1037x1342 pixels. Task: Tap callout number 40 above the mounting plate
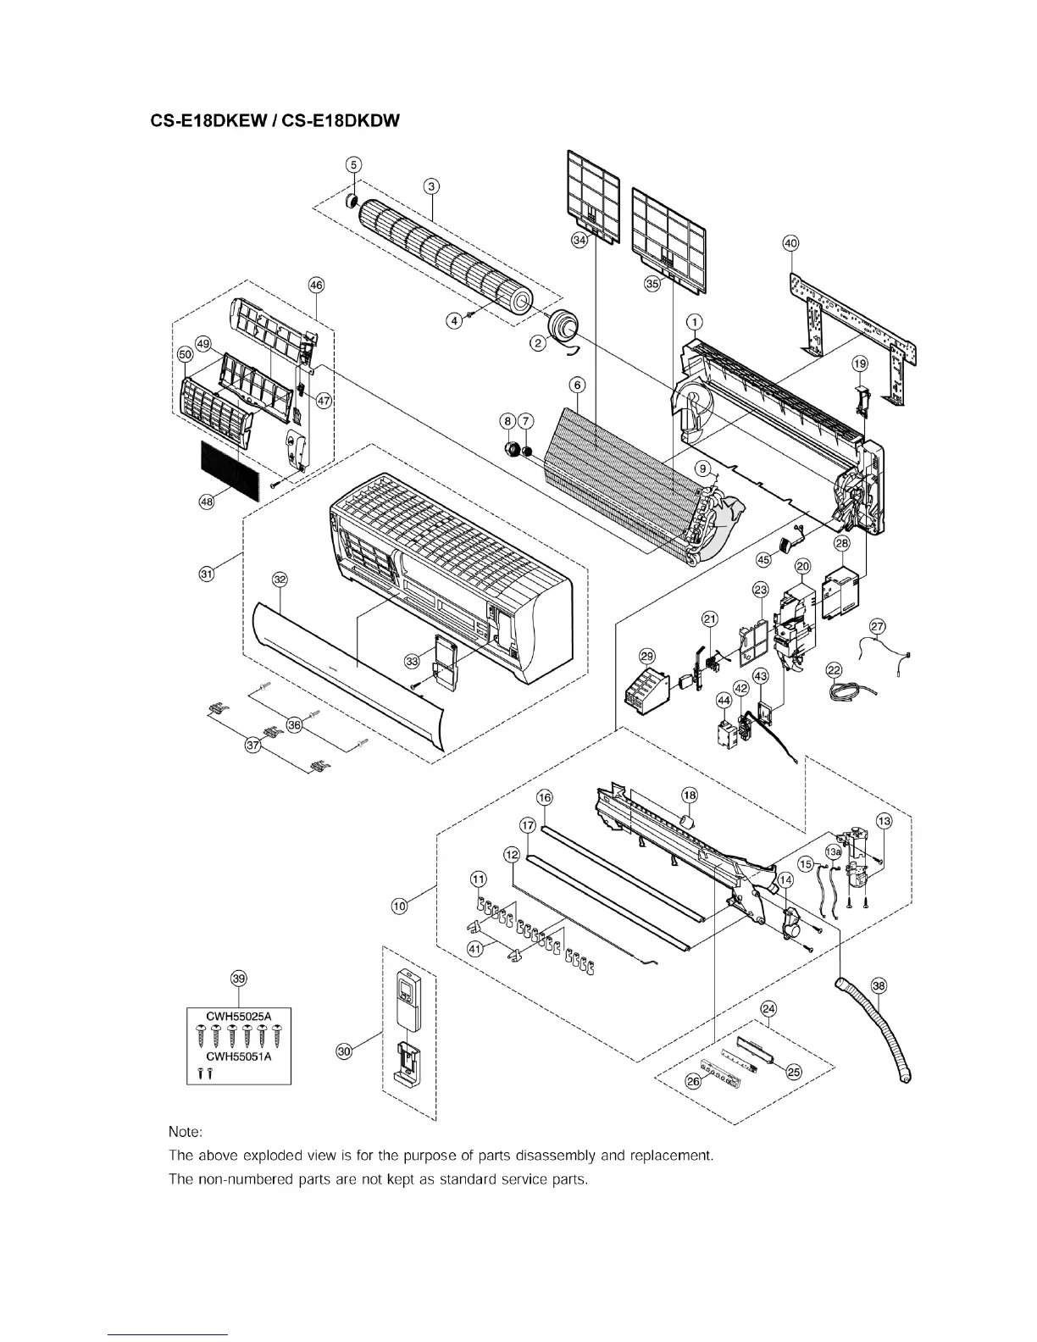pyautogui.click(x=790, y=243)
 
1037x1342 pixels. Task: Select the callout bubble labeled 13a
pyautogui.click(x=834, y=851)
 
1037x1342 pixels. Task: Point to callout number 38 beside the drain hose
pyautogui.click(x=879, y=985)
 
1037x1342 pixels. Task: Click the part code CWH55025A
pyautogui.click(x=238, y=1013)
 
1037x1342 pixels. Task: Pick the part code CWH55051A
pyautogui.click(x=238, y=1056)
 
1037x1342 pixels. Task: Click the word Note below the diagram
pyautogui.click(x=186, y=1131)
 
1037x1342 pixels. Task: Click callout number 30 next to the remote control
pyautogui.click(x=344, y=1051)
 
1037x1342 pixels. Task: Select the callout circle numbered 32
pyautogui.click(x=280, y=579)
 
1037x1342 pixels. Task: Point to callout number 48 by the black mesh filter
pyautogui.click(x=207, y=502)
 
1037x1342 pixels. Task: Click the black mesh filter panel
pyautogui.click(x=230, y=470)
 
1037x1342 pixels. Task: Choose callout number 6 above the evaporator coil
pyautogui.click(x=578, y=385)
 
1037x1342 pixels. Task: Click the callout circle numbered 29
pyautogui.click(x=647, y=656)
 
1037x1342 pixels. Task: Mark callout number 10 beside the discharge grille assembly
pyautogui.click(x=399, y=906)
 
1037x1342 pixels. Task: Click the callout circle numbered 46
pyautogui.click(x=316, y=286)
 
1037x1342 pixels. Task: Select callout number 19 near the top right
pyautogui.click(x=860, y=363)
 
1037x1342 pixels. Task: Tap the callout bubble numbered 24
pyautogui.click(x=768, y=1009)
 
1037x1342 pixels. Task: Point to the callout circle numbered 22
pyautogui.click(x=835, y=671)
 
